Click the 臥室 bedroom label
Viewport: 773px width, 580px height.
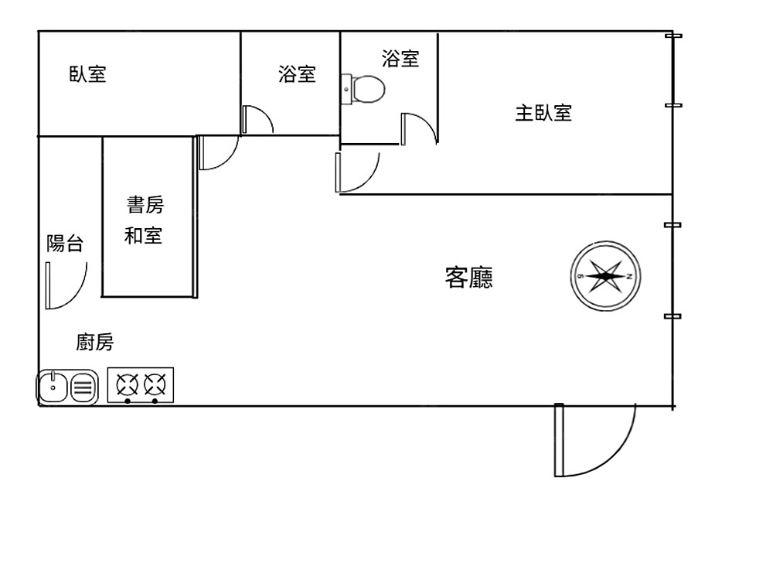[x=87, y=74]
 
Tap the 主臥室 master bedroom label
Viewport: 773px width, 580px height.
[x=543, y=113]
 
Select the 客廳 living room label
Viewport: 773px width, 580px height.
[x=469, y=277]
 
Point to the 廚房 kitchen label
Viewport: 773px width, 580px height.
[x=95, y=342]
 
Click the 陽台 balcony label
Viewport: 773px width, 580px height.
[x=65, y=244]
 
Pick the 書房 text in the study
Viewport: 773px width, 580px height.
[x=145, y=205]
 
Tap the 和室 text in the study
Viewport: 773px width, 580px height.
[x=144, y=235]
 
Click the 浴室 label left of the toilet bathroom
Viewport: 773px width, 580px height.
[x=297, y=74]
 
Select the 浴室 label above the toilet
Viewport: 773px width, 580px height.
[x=400, y=58]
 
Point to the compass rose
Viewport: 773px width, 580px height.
[x=606, y=276]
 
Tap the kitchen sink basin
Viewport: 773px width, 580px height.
[x=53, y=387]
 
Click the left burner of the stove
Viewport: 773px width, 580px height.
[x=127, y=384]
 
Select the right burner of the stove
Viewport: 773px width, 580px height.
[x=155, y=384]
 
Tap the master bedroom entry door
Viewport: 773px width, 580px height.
[x=356, y=173]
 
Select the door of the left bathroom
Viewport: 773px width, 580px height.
[x=257, y=120]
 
